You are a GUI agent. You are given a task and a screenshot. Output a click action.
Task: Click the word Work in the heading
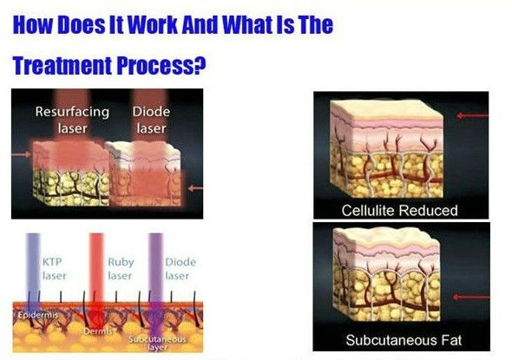(x=153, y=24)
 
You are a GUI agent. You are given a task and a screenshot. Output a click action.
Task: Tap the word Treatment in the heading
(x=62, y=65)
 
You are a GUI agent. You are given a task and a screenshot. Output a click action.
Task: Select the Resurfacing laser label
(x=72, y=120)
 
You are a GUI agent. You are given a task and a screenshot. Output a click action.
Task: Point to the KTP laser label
(x=54, y=269)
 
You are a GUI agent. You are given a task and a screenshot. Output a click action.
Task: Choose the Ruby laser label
(x=121, y=269)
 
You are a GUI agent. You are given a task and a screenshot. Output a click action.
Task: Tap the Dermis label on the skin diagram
(x=98, y=331)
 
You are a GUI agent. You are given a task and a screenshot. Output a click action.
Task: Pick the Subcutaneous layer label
(x=157, y=344)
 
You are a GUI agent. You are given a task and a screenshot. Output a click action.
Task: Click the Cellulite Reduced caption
(x=399, y=211)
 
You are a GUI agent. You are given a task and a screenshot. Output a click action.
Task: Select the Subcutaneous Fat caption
(x=404, y=340)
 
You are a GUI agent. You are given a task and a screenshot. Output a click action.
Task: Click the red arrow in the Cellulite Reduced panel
(x=473, y=115)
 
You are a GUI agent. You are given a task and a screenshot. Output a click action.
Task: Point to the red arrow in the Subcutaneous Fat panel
(x=471, y=297)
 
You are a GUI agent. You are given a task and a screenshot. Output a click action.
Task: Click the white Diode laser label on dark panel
(x=151, y=120)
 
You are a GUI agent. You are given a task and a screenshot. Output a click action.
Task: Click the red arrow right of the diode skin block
(x=195, y=188)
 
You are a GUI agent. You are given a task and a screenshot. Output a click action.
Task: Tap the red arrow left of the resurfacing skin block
(x=21, y=154)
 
